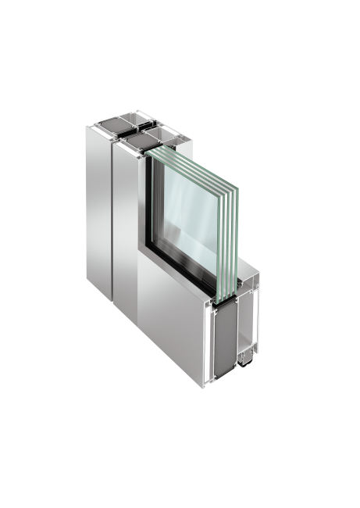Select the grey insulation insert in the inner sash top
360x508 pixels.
(x=139, y=141)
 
